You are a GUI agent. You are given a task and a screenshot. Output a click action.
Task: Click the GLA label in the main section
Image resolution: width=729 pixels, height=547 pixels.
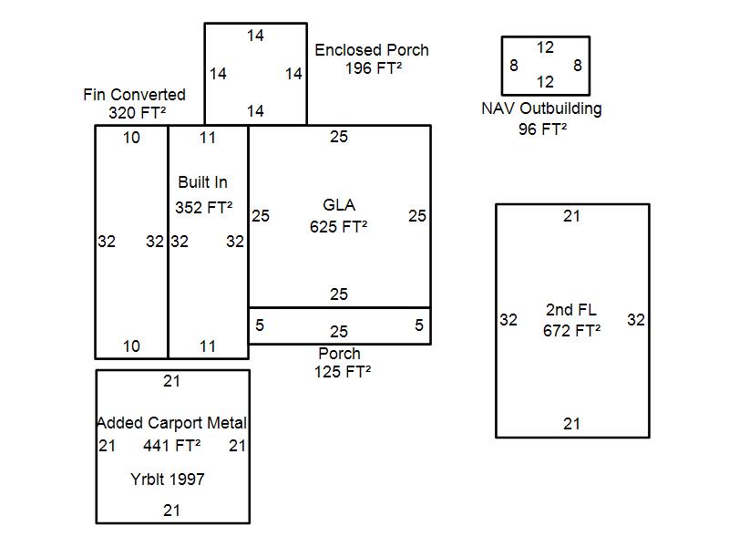tap(339, 204)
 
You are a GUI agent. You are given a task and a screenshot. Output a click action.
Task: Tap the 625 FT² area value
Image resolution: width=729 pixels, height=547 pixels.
tap(339, 227)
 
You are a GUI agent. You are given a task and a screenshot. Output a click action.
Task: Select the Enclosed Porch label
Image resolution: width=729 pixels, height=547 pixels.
tap(372, 50)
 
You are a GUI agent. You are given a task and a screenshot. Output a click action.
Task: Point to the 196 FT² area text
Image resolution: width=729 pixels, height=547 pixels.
tap(375, 68)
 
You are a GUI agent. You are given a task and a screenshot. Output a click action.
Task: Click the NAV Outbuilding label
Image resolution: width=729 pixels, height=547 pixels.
tap(541, 108)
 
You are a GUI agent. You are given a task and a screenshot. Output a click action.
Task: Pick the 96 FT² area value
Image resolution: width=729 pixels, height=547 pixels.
tap(543, 129)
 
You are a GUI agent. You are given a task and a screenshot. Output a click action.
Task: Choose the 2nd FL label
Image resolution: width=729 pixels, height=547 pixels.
tap(571, 310)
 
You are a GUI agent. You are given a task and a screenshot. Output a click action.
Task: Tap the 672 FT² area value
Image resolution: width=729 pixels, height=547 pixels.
tap(571, 331)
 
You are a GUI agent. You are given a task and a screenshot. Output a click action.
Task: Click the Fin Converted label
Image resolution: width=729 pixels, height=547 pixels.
tap(134, 95)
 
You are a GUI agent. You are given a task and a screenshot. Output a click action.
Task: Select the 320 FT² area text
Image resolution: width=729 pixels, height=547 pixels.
tap(138, 113)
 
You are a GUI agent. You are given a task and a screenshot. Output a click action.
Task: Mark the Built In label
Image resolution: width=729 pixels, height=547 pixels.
tap(203, 183)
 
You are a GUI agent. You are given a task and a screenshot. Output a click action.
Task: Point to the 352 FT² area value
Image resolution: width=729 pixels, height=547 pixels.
tap(204, 208)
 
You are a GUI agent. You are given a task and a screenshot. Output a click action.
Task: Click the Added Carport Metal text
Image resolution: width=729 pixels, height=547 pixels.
tap(172, 423)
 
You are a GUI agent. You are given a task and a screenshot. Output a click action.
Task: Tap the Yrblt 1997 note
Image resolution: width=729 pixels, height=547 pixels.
tap(167, 479)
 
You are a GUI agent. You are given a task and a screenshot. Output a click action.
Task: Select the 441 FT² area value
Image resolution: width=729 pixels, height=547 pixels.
tap(171, 446)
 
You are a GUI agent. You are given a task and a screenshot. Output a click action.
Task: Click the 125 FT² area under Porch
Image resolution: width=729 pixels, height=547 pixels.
tap(343, 371)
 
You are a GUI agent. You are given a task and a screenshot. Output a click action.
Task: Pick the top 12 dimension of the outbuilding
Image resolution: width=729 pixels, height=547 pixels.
tap(545, 47)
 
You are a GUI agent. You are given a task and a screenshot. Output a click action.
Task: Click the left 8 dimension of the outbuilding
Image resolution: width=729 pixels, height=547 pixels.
tap(514, 66)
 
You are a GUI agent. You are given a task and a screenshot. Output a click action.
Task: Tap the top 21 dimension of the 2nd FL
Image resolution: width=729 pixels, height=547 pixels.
tap(571, 216)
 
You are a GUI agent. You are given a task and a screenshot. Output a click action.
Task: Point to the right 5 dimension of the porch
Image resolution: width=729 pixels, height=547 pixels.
tap(419, 325)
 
